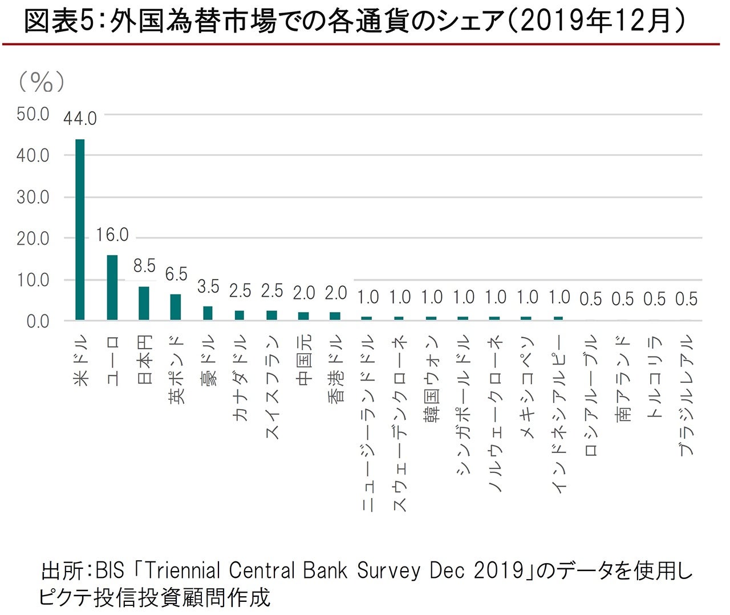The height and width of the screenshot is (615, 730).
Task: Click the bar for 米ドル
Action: [80, 229]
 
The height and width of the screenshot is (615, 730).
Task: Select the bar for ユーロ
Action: [112, 288]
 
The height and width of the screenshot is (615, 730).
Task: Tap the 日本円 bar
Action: [144, 303]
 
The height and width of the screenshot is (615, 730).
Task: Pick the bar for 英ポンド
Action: [176, 307]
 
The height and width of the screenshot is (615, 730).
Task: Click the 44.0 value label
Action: [80, 119]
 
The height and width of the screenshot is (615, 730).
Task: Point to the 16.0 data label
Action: [112, 235]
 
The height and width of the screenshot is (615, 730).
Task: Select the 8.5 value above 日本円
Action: [144, 266]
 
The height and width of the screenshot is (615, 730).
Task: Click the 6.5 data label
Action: [176, 274]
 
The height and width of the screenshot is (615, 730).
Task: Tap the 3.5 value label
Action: [208, 286]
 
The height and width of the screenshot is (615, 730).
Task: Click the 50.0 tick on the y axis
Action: [33, 114]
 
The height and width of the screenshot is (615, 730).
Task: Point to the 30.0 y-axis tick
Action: [33, 197]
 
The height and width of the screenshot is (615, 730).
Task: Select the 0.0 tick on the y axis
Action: [38, 321]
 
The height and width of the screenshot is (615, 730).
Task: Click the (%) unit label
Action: [41, 82]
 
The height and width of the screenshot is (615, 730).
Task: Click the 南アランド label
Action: [623, 379]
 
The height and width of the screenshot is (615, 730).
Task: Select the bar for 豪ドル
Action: [208, 313]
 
